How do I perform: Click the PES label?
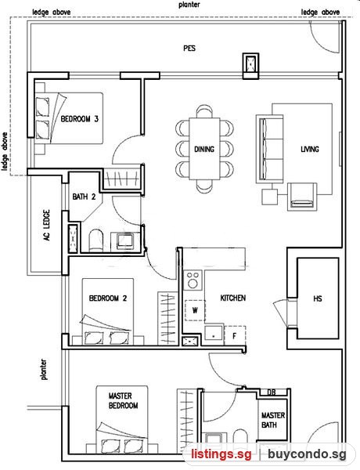click(x=189, y=48)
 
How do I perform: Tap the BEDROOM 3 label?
click(x=79, y=119)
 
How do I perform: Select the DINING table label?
click(x=204, y=149)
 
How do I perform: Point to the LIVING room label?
click(x=310, y=149)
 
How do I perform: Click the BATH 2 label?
click(x=84, y=197)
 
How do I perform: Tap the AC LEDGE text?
click(x=47, y=225)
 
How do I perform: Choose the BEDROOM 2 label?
click(x=108, y=298)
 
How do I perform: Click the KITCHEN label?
click(x=233, y=298)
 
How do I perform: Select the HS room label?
click(x=318, y=298)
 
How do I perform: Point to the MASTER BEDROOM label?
click(x=123, y=401)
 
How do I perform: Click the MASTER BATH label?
click(x=273, y=420)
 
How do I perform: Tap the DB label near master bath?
click(x=272, y=392)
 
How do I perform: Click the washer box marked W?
click(x=195, y=310)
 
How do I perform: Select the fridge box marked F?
click(x=235, y=336)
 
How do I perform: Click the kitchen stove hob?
click(x=193, y=280)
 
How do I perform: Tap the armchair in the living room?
click(x=302, y=197)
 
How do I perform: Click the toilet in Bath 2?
click(x=96, y=240)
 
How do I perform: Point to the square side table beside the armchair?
click(x=269, y=197)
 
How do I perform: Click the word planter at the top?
click(x=189, y=5)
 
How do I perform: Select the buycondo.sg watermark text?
click(x=307, y=454)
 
